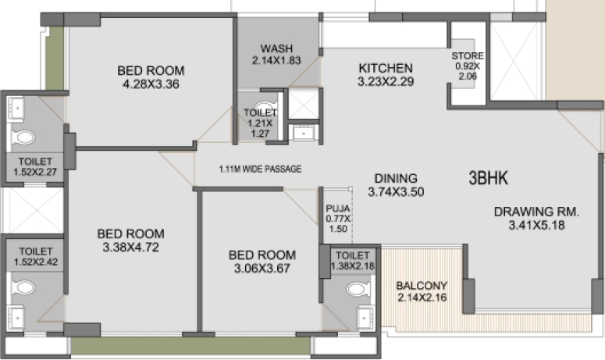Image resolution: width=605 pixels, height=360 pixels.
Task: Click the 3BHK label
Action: pyautogui.click(x=488, y=178)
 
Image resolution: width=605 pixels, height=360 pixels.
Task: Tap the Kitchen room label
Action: pyautogui.click(x=386, y=68)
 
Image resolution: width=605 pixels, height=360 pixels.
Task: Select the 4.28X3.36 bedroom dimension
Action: pyautogui.click(x=151, y=84)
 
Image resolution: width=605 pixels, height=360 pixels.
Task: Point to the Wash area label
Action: pyautogui.click(x=276, y=48)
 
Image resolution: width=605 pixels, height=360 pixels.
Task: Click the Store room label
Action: pyautogui.click(x=468, y=56)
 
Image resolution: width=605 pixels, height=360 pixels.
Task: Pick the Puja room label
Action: pyautogui.click(x=338, y=209)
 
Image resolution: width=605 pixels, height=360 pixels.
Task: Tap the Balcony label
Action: pyautogui.click(x=422, y=286)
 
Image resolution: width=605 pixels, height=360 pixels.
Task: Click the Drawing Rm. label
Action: pyautogui.click(x=537, y=212)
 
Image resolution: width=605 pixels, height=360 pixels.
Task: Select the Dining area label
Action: pyautogui.click(x=396, y=178)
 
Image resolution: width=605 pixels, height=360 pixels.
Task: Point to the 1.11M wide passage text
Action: pyautogui.click(x=261, y=169)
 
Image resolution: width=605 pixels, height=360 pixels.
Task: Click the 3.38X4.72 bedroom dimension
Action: pyautogui.click(x=131, y=248)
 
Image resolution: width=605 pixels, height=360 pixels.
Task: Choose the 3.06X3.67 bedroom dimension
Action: pyautogui.click(x=262, y=268)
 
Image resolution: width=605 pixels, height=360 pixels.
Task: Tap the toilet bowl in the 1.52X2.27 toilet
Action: pyautogui.click(x=23, y=137)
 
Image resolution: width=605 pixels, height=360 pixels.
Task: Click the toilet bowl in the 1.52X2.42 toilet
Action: pyautogui.click(x=23, y=288)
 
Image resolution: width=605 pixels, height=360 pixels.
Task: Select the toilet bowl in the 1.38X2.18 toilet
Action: pyautogui.click(x=358, y=289)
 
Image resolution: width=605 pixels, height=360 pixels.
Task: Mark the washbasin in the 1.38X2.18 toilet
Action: pyautogui.click(x=365, y=318)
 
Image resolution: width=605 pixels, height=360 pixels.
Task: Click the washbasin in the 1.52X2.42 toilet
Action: pyautogui.click(x=16, y=318)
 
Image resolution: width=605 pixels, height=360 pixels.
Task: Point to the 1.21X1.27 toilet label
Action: pyautogui.click(x=261, y=123)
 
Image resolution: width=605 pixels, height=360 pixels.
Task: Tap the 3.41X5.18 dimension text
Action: pyautogui.click(x=537, y=225)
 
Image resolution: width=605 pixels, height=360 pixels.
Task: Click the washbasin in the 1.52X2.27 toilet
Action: pyautogui.click(x=16, y=108)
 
